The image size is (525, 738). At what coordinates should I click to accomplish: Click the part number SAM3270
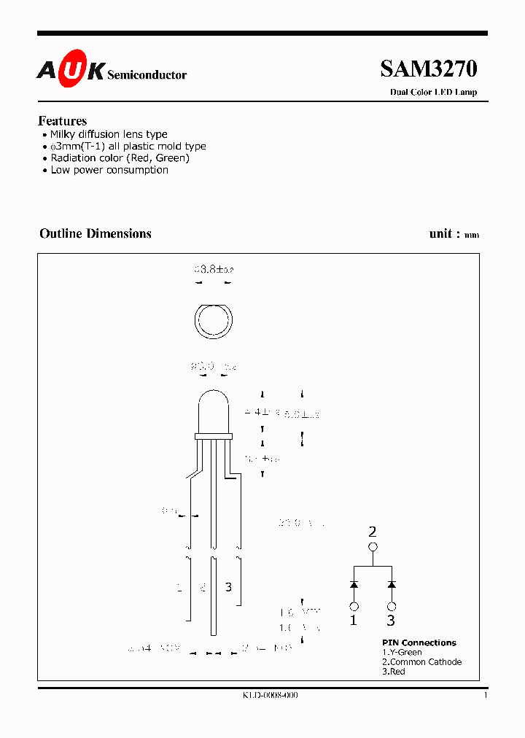(428, 69)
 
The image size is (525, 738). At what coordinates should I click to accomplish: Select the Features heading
(63, 121)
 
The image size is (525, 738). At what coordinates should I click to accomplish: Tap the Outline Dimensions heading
(96, 233)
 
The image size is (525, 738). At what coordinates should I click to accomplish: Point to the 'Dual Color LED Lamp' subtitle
(433, 92)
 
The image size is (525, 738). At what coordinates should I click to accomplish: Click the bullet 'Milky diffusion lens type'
(109, 134)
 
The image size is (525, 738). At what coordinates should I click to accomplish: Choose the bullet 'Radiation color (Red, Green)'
(120, 158)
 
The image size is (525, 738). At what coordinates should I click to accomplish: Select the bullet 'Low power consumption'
(109, 170)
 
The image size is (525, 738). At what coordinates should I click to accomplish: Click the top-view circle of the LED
(213, 321)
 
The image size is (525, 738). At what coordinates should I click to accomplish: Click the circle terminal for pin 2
(373, 547)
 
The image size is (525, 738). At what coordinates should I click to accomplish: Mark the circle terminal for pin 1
(354, 606)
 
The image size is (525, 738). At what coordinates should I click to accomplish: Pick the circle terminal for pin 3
(392, 606)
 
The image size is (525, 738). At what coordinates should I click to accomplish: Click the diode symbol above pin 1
(354, 584)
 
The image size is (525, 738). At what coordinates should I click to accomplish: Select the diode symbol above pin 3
(392, 584)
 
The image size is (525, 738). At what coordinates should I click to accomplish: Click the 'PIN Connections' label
(419, 642)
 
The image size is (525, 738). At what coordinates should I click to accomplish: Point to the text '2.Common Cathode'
(421, 662)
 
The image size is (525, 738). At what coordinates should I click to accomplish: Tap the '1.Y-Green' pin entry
(402, 653)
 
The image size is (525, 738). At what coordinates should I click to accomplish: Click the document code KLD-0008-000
(271, 695)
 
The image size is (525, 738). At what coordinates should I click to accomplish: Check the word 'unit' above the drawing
(440, 233)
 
